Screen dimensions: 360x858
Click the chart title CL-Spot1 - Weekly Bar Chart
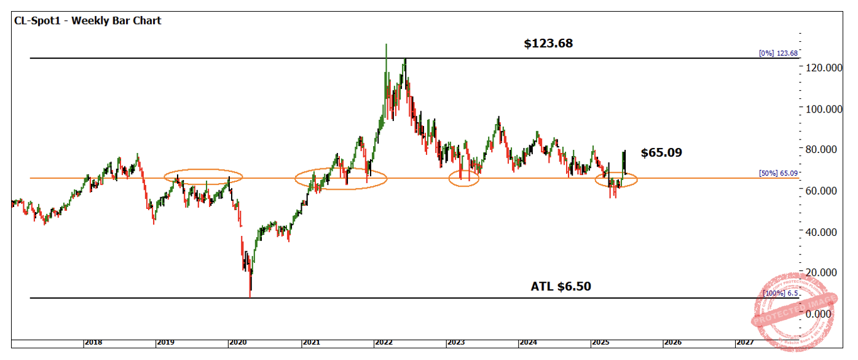pos(87,21)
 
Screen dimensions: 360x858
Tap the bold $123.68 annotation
pos(548,44)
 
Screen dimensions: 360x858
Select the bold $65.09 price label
pos(661,152)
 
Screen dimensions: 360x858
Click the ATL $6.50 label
pos(561,286)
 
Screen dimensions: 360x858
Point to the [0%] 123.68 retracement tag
pos(778,53)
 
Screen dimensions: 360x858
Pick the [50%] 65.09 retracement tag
pos(778,173)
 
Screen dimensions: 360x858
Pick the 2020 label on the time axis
pos(237,342)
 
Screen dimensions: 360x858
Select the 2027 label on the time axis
pos(744,342)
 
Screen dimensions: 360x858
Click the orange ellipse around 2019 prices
pos(203,177)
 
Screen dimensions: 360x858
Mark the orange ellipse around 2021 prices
pos(341,179)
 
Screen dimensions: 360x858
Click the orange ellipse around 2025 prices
pos(616,180)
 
